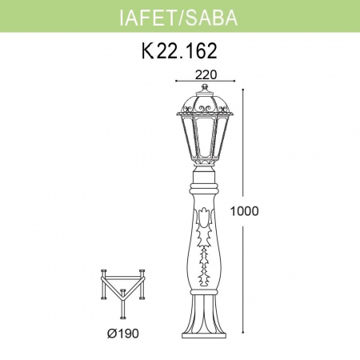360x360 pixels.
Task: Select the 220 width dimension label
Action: [x=206, y=73]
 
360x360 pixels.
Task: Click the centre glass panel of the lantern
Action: [x=206, y=137]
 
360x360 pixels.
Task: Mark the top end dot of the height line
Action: [x=258, y=84]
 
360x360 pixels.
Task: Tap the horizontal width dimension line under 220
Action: [x=206, y=82]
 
